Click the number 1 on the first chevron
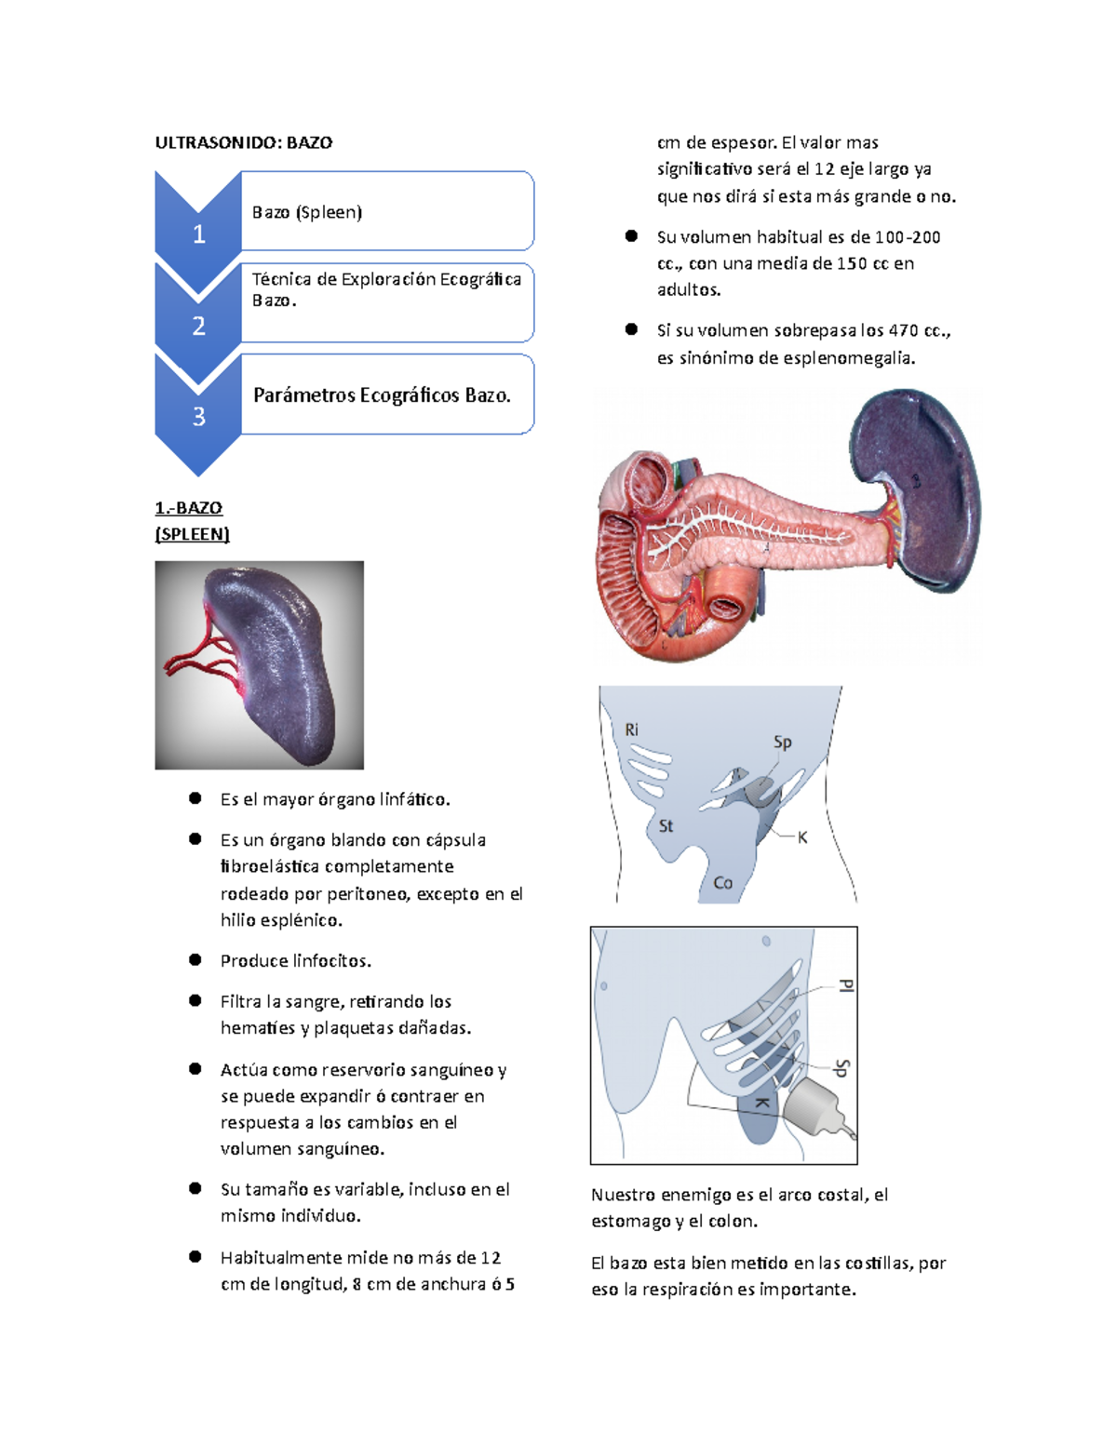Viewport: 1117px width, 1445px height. click(x=198, y=234)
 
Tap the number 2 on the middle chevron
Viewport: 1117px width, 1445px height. click(x=198, y=326)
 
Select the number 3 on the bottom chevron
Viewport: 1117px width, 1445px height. click(x=198, y=417)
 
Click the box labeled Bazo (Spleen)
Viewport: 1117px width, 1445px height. click(x=386, y=211)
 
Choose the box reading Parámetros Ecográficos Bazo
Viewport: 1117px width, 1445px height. click(x=386, y=395)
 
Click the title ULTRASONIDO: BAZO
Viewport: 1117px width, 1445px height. click(x=244, y=142)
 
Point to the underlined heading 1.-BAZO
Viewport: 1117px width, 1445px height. click(x=189, y=508)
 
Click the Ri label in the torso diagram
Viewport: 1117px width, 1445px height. click(x=632, y=729)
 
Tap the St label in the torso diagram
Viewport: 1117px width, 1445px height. click(x=666, y=825)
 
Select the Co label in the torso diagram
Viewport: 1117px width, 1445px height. click(x=722, y=882)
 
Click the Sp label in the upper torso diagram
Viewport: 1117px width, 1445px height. click(x=782, y=742)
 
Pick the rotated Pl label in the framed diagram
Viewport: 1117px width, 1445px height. click(x=844, y=985)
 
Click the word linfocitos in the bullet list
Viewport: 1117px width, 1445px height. click(x=332, y=961)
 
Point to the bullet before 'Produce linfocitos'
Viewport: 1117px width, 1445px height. click(x=195, y=959)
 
